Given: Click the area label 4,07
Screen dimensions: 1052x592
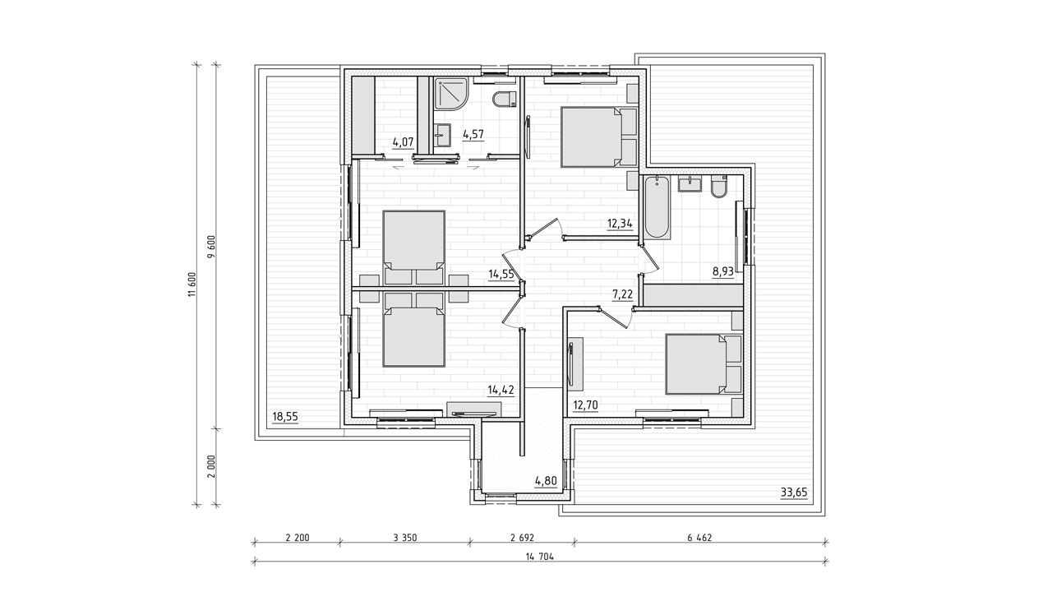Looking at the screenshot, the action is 403,141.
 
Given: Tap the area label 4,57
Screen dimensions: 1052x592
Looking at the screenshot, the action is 473,134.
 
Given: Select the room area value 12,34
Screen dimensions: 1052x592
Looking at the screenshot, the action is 620,223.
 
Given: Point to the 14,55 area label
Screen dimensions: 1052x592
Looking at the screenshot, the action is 501,274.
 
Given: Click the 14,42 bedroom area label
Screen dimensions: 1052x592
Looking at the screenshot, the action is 501,390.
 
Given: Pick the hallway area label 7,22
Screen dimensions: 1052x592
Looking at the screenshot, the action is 622,294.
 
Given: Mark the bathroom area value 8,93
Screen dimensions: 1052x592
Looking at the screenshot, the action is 723,271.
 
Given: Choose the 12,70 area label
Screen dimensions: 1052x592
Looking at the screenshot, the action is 586,405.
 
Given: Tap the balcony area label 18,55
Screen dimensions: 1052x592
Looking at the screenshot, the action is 285,416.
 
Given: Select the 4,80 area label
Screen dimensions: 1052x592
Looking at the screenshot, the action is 546,481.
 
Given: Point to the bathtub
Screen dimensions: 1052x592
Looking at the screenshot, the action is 657,208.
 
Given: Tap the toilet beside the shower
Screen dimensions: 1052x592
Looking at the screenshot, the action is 505,99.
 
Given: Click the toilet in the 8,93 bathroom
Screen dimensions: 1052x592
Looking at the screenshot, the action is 719,186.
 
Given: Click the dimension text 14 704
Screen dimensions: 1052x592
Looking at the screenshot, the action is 540,557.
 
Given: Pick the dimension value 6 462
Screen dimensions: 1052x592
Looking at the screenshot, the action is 699,538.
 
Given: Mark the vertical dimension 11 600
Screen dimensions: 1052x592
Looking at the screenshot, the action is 191,284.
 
